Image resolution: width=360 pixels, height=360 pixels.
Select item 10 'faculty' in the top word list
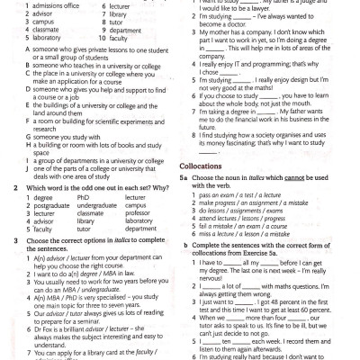pos(115,40)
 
